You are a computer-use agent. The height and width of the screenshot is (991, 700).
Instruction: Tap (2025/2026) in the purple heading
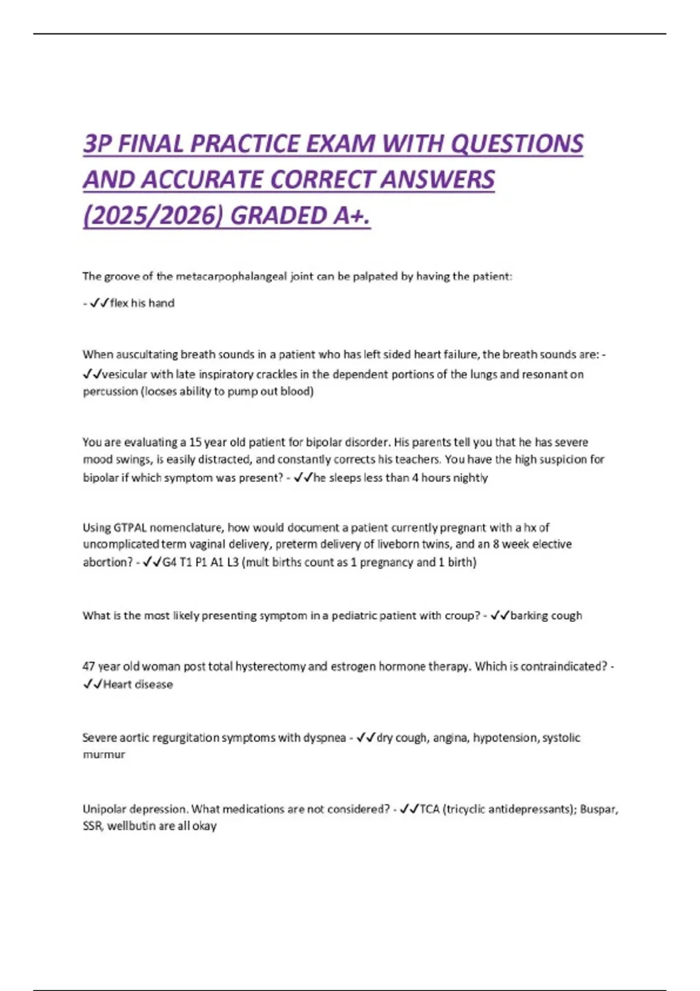pos(153,216)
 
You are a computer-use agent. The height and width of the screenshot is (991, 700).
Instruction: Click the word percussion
pos(110,392)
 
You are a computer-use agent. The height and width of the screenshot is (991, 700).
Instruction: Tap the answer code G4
pos(169,563)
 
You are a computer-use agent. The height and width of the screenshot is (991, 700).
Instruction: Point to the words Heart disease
pos(138,684)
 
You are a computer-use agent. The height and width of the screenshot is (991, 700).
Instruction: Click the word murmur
pos(104,755)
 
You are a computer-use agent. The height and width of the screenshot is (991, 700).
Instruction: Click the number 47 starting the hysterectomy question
pos(89,666)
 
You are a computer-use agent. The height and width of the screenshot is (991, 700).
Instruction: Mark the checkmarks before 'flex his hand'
pos(99,303)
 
